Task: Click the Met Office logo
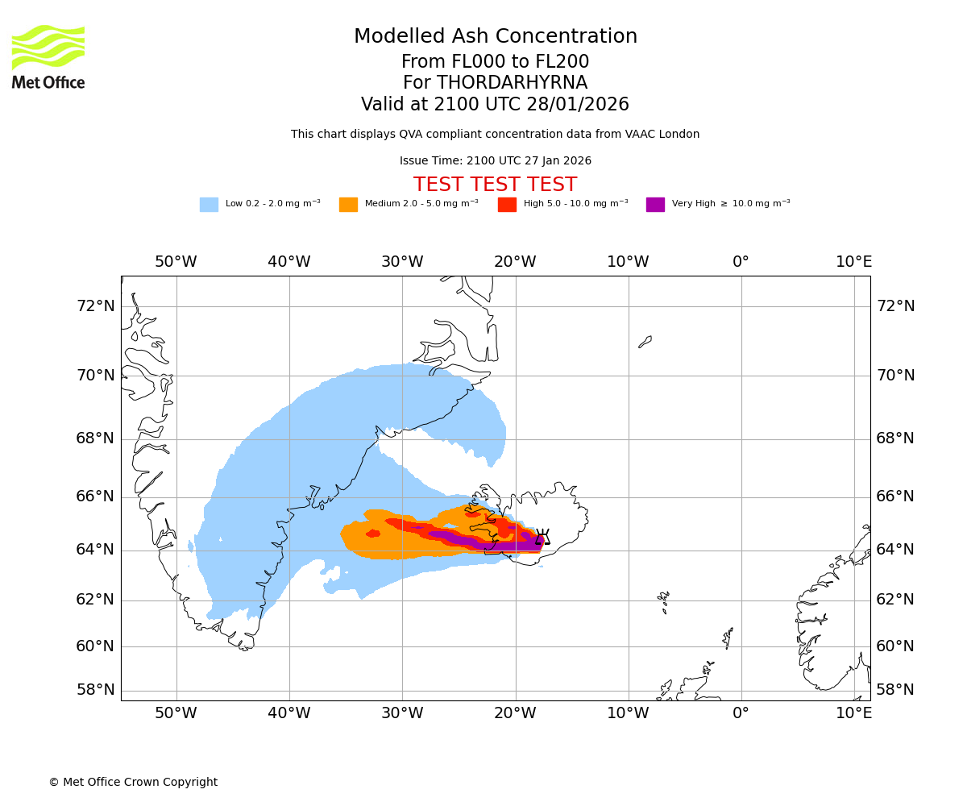(x=48, y=56)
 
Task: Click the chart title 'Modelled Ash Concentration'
(x=496, y=37)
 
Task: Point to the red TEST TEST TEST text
(x=495, y=185)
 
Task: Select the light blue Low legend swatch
(x=209, y=205)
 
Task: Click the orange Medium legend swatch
(x=348, y=205)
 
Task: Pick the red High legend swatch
(x=507, y=205)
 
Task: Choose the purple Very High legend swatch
(x=655, y=205)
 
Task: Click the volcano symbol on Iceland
(x=543, y=538)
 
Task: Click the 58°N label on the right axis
(x=895, y=690)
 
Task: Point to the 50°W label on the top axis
(x=176, y=262)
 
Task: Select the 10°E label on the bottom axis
(x=853, y=713)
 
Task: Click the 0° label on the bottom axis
(x=741, y=713)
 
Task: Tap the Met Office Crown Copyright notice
(x=133, y=783)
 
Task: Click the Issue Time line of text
(x=495, y=161)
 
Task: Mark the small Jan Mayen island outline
(x=645, y=342)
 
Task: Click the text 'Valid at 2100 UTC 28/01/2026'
(x=495, y=105)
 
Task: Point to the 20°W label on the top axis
(x=515, y=262)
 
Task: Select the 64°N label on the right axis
(x=895, y=550)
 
